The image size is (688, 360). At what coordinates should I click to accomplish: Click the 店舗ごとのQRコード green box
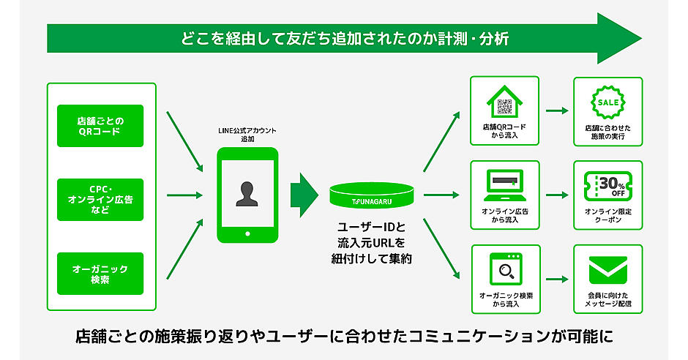(x=100, y=126)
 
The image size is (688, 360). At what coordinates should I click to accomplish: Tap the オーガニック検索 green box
(x=100, y=274)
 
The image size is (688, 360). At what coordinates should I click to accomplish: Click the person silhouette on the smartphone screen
(x=247, y=192)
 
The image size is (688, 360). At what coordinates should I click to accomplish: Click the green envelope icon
(x=607, y=269)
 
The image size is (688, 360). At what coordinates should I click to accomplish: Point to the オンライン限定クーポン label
(x=607, y=215)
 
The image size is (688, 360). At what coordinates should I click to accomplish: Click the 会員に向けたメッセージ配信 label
(x=607, y=299)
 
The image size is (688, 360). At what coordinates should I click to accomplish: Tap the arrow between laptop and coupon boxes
(x=557, y=195)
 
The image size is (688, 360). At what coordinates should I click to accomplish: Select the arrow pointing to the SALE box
(x=557, y=111)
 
